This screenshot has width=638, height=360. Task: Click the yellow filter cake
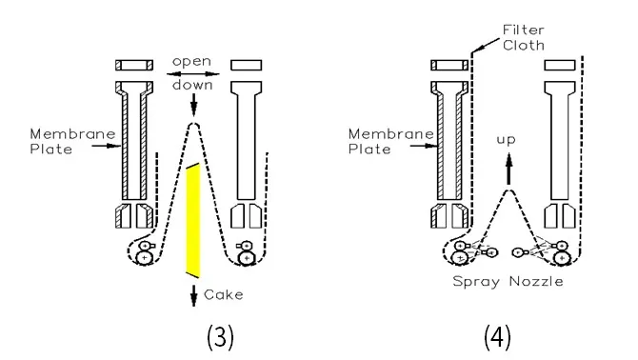193,220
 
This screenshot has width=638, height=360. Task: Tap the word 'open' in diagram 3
191,61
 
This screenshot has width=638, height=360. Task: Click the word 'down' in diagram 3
192,85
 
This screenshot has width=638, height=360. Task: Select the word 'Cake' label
224,294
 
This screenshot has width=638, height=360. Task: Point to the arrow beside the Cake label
193,295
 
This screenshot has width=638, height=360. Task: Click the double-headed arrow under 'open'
193,74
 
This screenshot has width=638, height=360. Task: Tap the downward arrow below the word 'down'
193,105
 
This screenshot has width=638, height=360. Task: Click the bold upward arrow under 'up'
508,169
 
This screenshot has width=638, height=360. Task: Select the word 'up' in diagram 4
507,140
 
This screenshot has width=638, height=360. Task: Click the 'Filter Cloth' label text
524,37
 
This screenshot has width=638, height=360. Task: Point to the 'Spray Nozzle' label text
508,282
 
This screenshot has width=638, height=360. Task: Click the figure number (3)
220,337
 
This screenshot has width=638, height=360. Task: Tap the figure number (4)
497,337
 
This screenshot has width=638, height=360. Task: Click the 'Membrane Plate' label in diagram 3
72,142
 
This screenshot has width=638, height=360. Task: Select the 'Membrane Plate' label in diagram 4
391,142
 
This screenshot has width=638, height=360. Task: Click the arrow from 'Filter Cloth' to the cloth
486,45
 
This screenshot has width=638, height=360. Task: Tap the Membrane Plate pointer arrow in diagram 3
107,146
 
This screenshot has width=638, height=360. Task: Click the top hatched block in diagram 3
134,65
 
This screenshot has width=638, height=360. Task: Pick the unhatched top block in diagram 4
560,65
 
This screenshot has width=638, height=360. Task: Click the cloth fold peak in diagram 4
508,190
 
